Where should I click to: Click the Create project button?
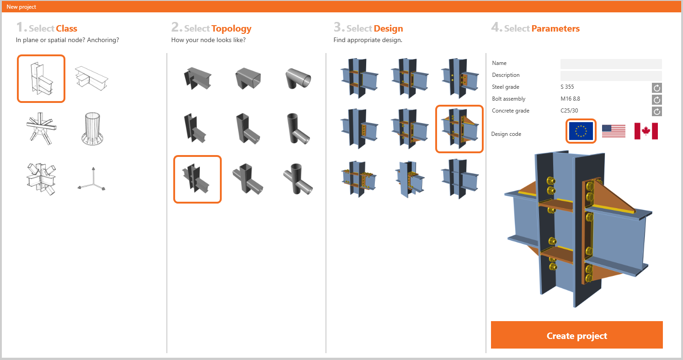(x=576, y=335)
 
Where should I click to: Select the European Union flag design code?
(x=581, y=131)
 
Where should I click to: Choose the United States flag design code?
(x=614, y=131)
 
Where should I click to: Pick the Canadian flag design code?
(x=646, y=131)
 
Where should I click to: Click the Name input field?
(x=611, y=64)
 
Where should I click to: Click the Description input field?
(x=611, y=75)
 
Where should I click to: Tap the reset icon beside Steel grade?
(x=657, y=88)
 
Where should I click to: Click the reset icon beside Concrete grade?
(x=657, y=111)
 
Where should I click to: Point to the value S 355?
(x=567, y=87)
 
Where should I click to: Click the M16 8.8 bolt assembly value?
(x=570, y=99)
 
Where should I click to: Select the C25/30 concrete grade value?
(x=569, y=111)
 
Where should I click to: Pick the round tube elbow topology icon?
(x=298, y=78)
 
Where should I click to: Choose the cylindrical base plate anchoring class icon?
(x=92, y=129)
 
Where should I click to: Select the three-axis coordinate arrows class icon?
(x=91, y=178)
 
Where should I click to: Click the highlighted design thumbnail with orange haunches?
(x=459, y=129)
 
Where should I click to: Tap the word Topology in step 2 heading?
(x=231, y=29)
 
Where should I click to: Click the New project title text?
(x=21, y=7)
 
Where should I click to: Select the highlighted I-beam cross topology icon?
(x=197, y=179)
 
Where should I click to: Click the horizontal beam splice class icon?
(x=91, y=78)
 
